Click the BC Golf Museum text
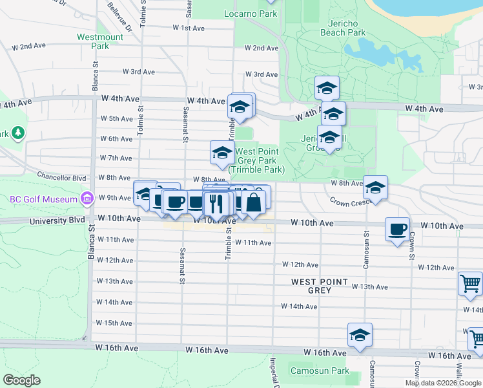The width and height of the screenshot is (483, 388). point(44,199)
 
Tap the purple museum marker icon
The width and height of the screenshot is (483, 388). point(85,199)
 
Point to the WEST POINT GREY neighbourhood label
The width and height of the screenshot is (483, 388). point(320,286)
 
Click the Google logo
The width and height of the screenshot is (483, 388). point(21,380)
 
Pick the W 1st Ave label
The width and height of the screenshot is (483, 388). point(189,28)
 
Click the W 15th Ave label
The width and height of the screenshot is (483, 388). point(114,323)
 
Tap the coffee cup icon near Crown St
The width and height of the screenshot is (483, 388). point(397,228)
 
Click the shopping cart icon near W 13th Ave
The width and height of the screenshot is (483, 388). point(470,283)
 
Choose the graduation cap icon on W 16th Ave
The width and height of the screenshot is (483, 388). point(360,334)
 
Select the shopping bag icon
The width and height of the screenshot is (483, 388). point(254,200)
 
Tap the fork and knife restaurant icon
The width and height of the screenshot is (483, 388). point(216,203)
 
